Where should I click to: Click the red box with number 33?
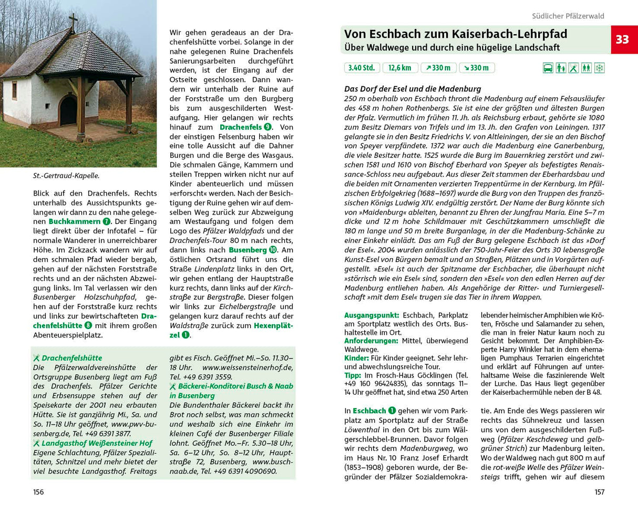[x=623, y=40]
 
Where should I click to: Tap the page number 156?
[x=38, y=492]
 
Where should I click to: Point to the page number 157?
[x=599, y=492]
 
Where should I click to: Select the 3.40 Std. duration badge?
[x=361, y=68]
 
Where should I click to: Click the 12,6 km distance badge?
[x=400, y=68]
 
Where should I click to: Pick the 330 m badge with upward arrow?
[x=438, y=68]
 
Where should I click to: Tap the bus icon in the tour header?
[x=548, y=68]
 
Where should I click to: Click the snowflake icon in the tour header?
[x=599, y=68]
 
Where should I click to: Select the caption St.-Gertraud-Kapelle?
[x=66, y=176]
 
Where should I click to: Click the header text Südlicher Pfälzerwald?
[x=568, y=16]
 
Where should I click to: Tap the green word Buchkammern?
[x=75, y=222]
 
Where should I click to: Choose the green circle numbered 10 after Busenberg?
[x=273, y=250]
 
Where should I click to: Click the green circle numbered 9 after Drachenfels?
[x=268, y=127]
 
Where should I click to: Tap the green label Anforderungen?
[x=372, y=341]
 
